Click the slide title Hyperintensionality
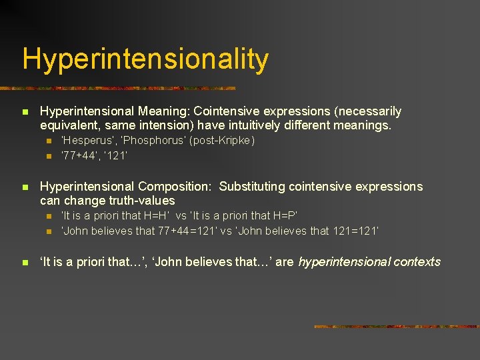pos(145,59)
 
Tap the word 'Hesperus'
pos(83,141)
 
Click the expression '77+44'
pos(79,155)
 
